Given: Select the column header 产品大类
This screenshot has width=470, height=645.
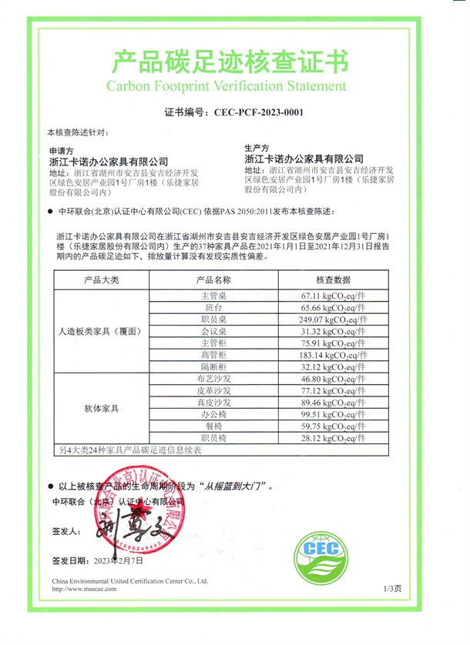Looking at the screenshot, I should pyautogui.click(x=102, y=279).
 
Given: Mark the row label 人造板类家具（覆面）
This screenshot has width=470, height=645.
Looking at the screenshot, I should pyautogui.click(x=102, y=331).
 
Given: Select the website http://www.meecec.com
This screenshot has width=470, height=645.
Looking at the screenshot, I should pyautogui.click(x=83, y=589).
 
